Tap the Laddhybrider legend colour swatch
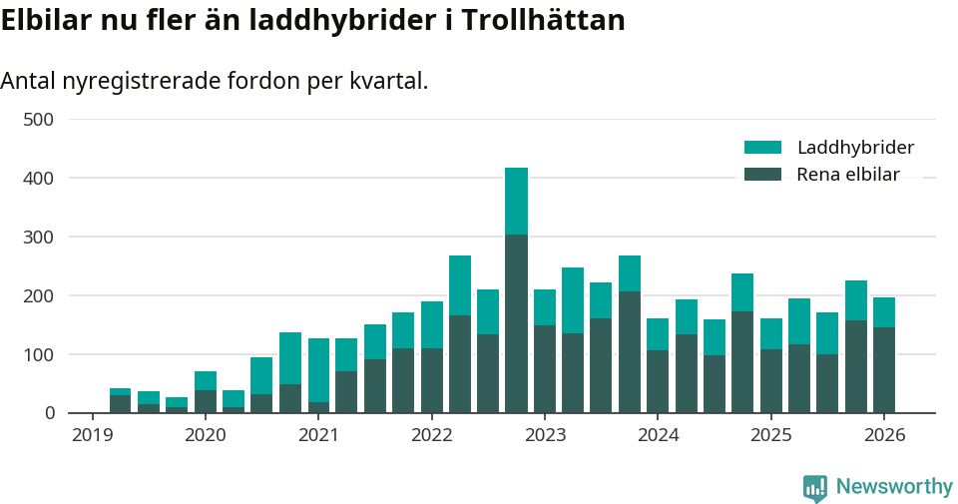point(762,148)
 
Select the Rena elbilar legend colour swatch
point(762,175)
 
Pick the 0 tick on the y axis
point(48,413)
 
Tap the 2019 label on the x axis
point(92,435)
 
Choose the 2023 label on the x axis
point(545,435)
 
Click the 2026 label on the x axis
point(884,435)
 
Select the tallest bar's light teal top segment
point(516,201)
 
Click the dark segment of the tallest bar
point(516,323)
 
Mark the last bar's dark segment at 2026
point(884,369)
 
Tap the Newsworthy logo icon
point(814,487)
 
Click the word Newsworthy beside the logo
point(894,487)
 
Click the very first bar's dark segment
point(120,404)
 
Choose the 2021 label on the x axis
point(318,435)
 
